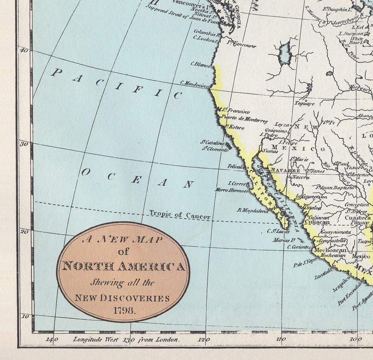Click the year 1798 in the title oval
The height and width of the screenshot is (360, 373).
click(124, 310)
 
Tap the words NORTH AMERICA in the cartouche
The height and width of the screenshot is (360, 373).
click(124, 267)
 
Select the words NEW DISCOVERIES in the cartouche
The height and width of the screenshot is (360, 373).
click(122, 298)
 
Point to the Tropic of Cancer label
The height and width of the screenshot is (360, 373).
click(180, 214)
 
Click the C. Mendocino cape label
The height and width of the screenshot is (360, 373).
click(194, 84)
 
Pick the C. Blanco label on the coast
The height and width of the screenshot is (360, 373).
click(201, 65)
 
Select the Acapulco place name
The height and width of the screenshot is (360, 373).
click(342, 283)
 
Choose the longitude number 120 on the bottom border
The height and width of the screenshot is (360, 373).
click(203, 339)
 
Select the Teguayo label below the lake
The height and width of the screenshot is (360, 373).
click(304, 103)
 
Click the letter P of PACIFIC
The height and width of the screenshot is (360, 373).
click(57, 72)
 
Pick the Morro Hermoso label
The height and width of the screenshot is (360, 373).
click(232, 190)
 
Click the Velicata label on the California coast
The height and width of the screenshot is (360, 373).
click(236, 166)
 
